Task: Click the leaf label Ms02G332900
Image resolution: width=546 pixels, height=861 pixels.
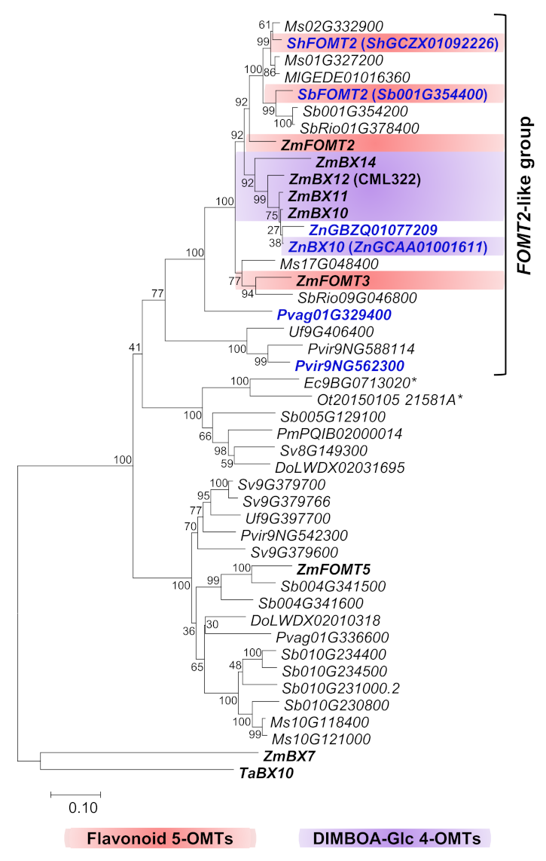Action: point(328,25)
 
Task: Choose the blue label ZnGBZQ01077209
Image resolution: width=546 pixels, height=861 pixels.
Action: point(362,229)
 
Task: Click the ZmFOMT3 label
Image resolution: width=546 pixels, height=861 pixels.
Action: point(326,280)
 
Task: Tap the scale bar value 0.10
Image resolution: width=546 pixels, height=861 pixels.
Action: point(75,808)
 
